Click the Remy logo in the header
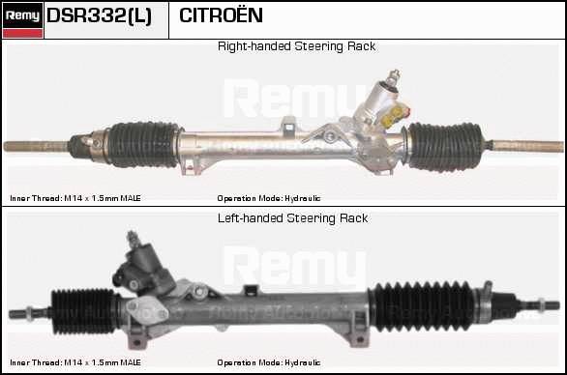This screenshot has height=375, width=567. [x=22, y=19]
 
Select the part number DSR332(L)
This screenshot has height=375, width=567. [x=99, y=16]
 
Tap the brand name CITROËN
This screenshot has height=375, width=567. [x=221, y=14]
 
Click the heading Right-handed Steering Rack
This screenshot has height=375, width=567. [x=296, y=46]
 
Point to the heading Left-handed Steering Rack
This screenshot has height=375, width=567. [x=293, y=218]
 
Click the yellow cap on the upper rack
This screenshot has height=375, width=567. [x=393, y=117]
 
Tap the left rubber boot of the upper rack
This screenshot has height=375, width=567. [x=143, y=145]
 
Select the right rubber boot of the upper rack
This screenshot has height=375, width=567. [x=445, y=146]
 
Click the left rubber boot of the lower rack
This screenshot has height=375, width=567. [x=83, y=311]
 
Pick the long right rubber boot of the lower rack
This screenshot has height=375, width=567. [x=423, y=306]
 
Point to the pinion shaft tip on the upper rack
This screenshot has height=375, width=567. [x=394, y=75]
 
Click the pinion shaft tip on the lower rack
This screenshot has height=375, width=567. [x=133, y=238]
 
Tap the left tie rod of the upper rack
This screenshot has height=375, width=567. [x=36, y=146]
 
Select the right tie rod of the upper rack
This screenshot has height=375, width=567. [x=527, y=146]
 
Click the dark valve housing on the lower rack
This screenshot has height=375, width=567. [x=143, y=269]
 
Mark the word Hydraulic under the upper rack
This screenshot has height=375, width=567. [x=302, y=198]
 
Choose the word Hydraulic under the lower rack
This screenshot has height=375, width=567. [x=302, y=362]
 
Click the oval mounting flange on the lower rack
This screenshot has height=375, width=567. [x=147, y=310]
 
